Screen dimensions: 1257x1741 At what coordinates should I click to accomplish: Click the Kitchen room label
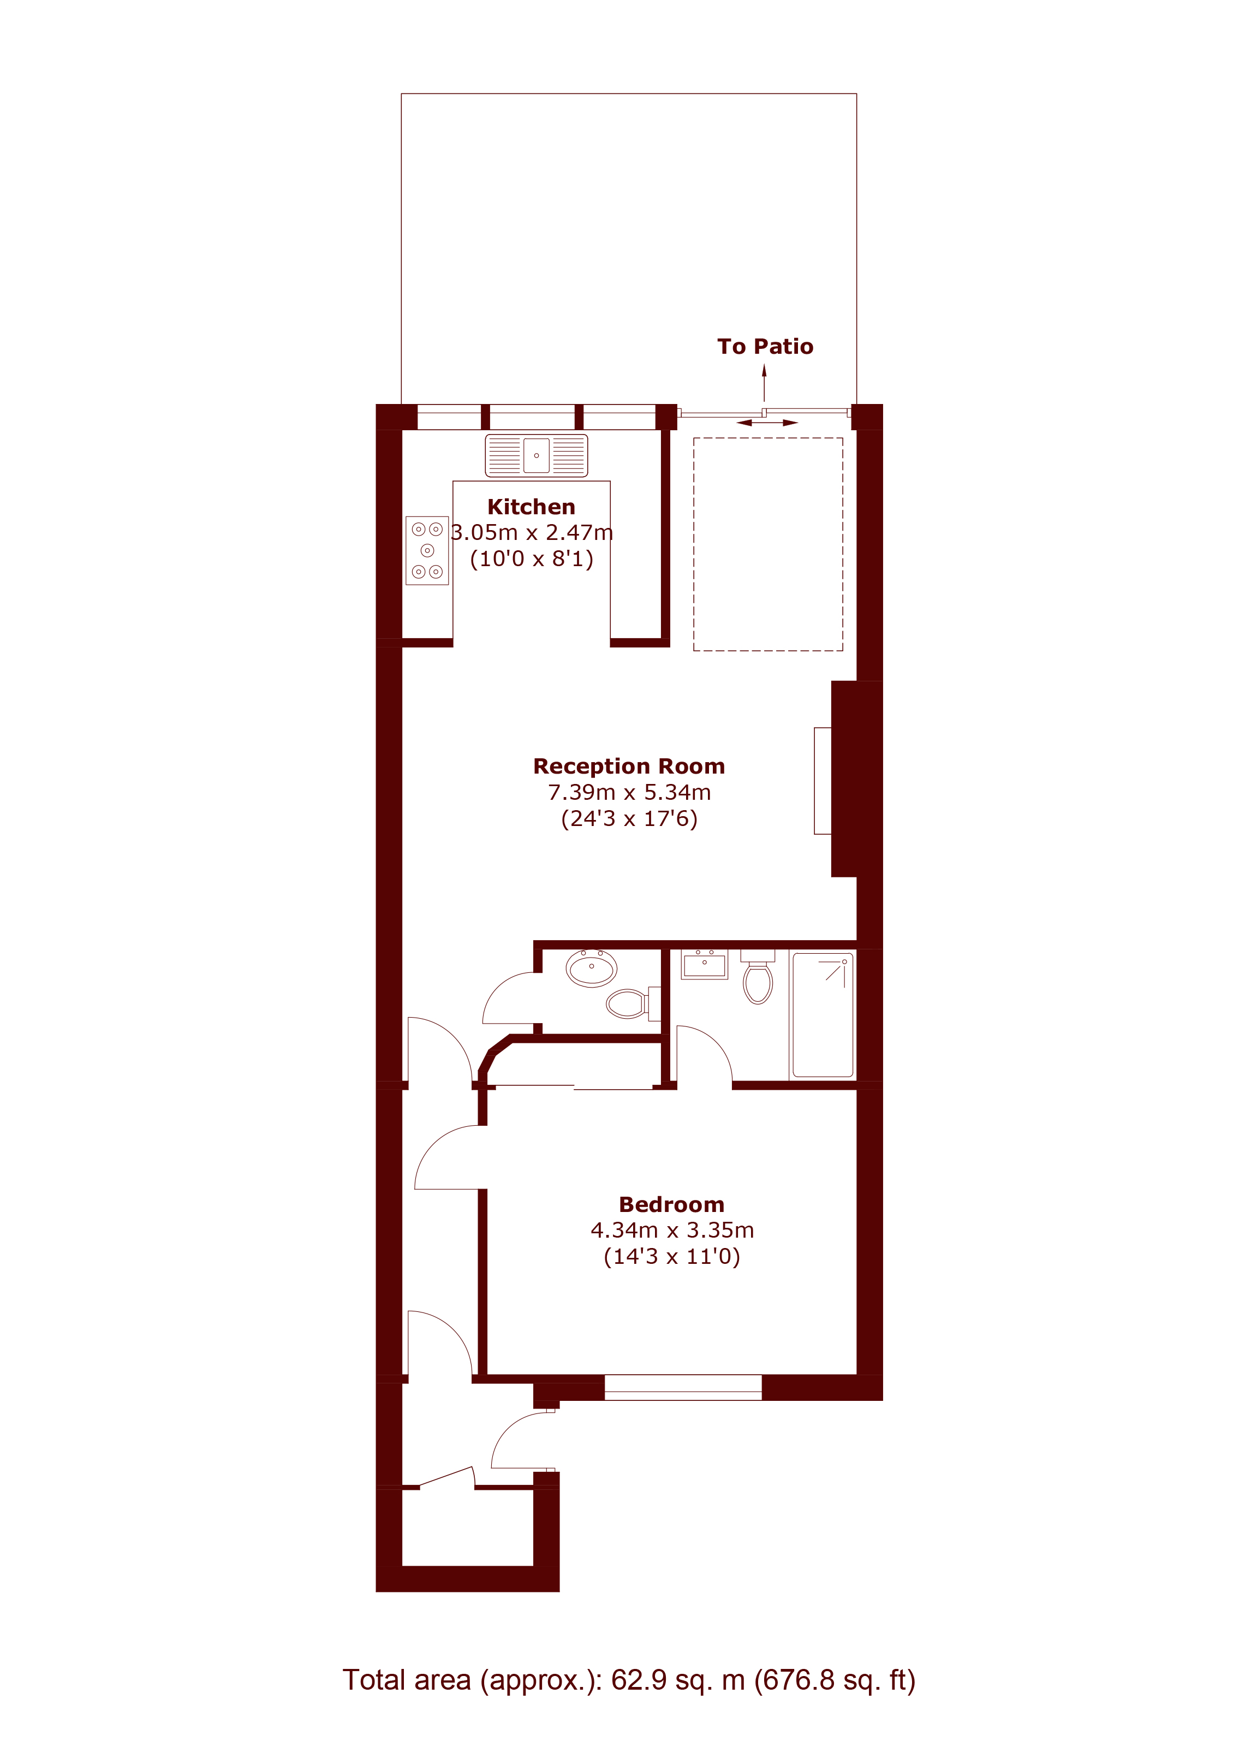point(531,507)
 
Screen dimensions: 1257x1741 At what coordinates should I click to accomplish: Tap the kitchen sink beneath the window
point(537,455)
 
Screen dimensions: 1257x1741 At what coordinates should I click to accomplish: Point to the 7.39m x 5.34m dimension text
point(629,792)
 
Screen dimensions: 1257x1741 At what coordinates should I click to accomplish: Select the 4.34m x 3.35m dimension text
point(672,1231)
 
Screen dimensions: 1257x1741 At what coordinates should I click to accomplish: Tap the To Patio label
point(765,347)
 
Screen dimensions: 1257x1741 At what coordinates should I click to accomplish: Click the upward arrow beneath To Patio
point(764,382)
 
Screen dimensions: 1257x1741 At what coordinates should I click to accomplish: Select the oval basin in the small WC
point(592,968)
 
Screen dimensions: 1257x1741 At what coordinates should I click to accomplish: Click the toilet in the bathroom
point(758,977)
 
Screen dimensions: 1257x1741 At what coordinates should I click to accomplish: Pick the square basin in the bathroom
point(705,964)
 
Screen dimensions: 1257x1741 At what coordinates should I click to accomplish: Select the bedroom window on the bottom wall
point(683,1387)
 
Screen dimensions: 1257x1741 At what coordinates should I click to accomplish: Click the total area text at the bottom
point(629,1680)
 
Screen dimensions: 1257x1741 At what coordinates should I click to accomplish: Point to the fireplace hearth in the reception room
point(823,781)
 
